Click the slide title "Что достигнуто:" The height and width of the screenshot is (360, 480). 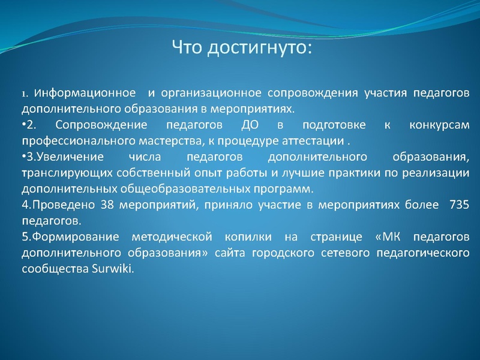click(242, 46)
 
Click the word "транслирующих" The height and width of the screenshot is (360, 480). click(55, 173)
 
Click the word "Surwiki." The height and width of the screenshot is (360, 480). click(115, 269)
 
